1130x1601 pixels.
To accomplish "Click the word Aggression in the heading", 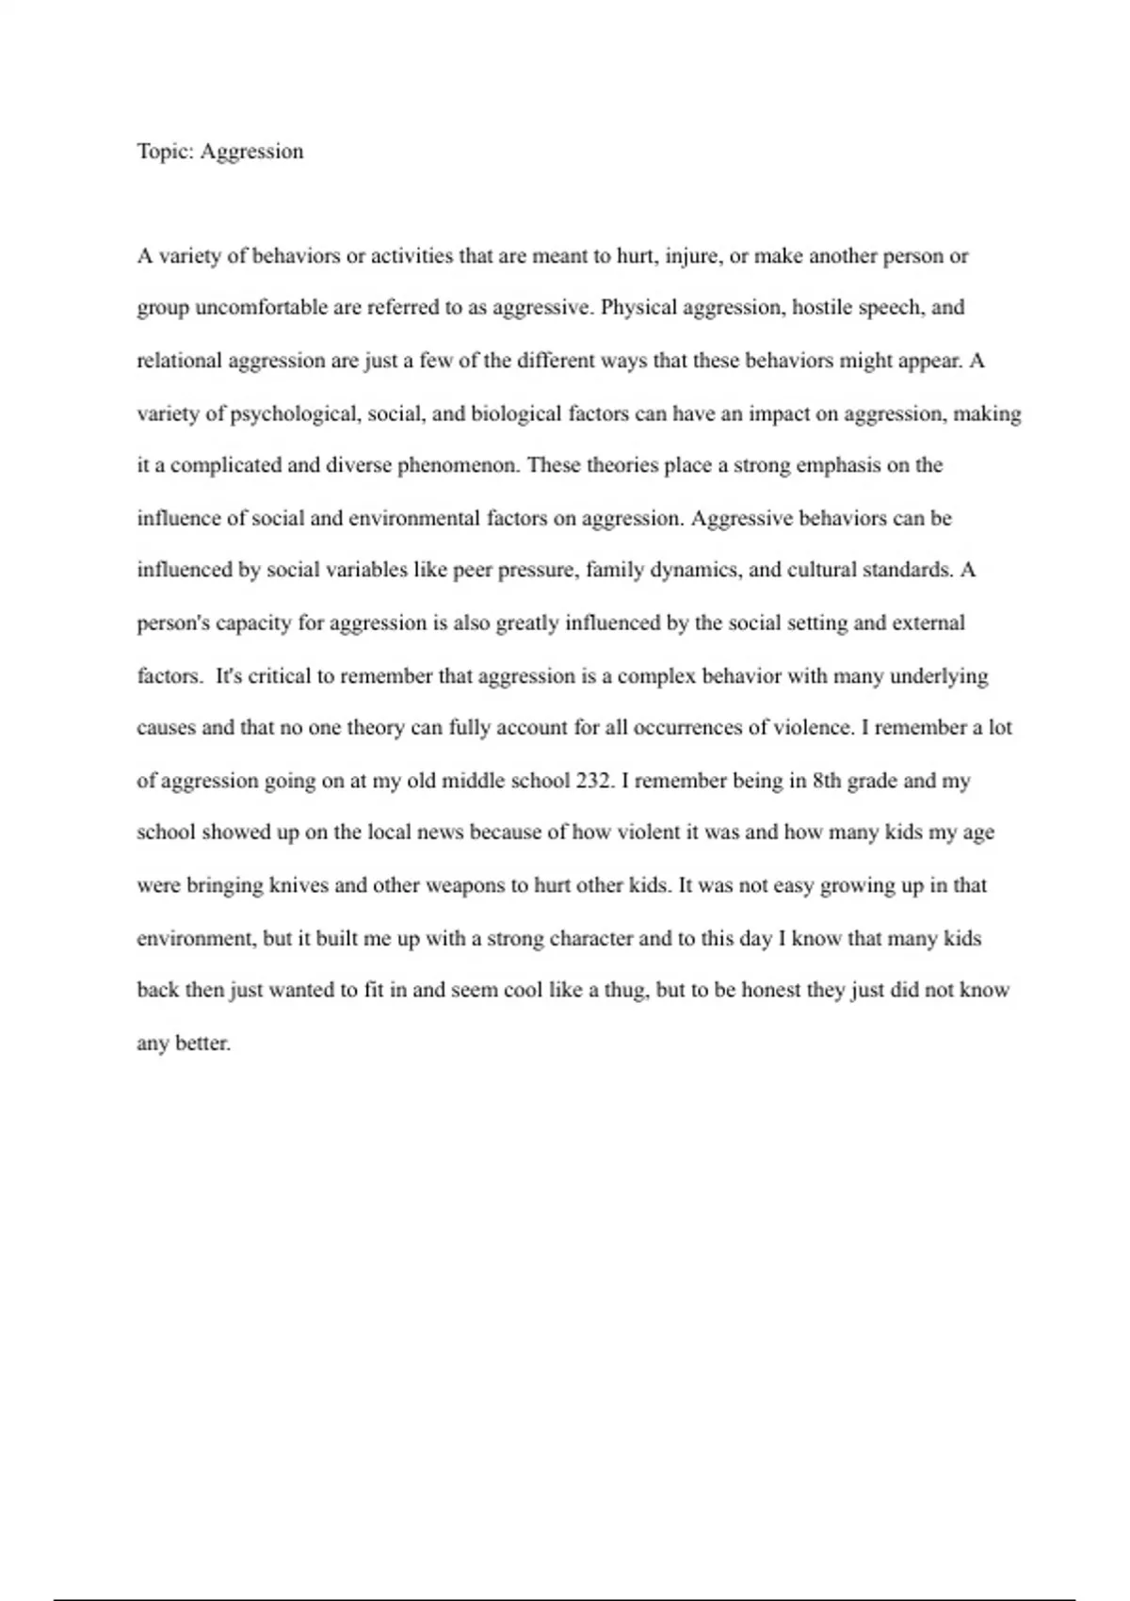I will (x=251, y=153).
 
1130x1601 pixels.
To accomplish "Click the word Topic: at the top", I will (x=166, y=153).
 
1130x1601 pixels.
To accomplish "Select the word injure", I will (x=693, y=257).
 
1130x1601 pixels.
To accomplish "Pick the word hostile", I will (x=821, y=309).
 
